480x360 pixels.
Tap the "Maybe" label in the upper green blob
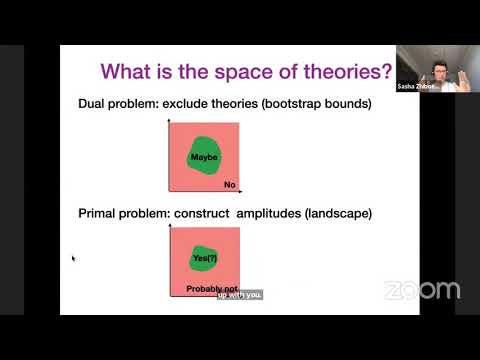click(204, 157)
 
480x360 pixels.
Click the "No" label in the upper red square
click(229, 185)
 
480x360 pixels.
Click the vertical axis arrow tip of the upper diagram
click(171, 119)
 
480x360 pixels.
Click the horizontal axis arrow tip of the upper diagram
click(243, 191)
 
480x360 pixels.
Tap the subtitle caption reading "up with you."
click(239, 295)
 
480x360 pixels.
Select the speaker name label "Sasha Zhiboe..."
click(415, 88)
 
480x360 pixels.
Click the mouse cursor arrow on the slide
click(73, 258)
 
